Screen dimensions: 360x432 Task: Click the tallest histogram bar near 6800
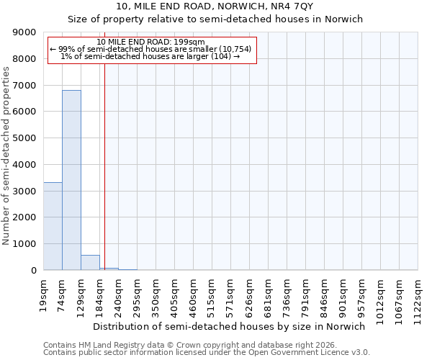pos(71,180)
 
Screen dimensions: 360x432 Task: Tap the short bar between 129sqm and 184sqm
pos(90,263)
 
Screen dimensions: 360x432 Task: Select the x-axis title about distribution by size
pos(230,326)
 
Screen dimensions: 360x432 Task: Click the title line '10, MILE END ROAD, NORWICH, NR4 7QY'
pos(215,6)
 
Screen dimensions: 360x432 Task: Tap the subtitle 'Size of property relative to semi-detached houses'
pos(215,19)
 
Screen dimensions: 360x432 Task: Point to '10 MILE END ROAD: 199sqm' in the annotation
pos(151,42)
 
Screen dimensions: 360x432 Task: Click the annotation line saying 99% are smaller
pos(151,49)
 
